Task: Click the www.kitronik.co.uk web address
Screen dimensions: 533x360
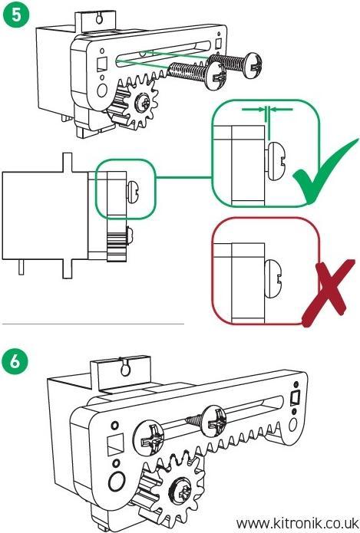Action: pyautogui.click(x=296, y=522)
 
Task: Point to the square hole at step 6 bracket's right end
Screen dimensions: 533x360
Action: pyautogui.click(x=292, y=398)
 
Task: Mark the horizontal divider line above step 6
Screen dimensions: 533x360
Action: pyautogui.click(x=92, y=324)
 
